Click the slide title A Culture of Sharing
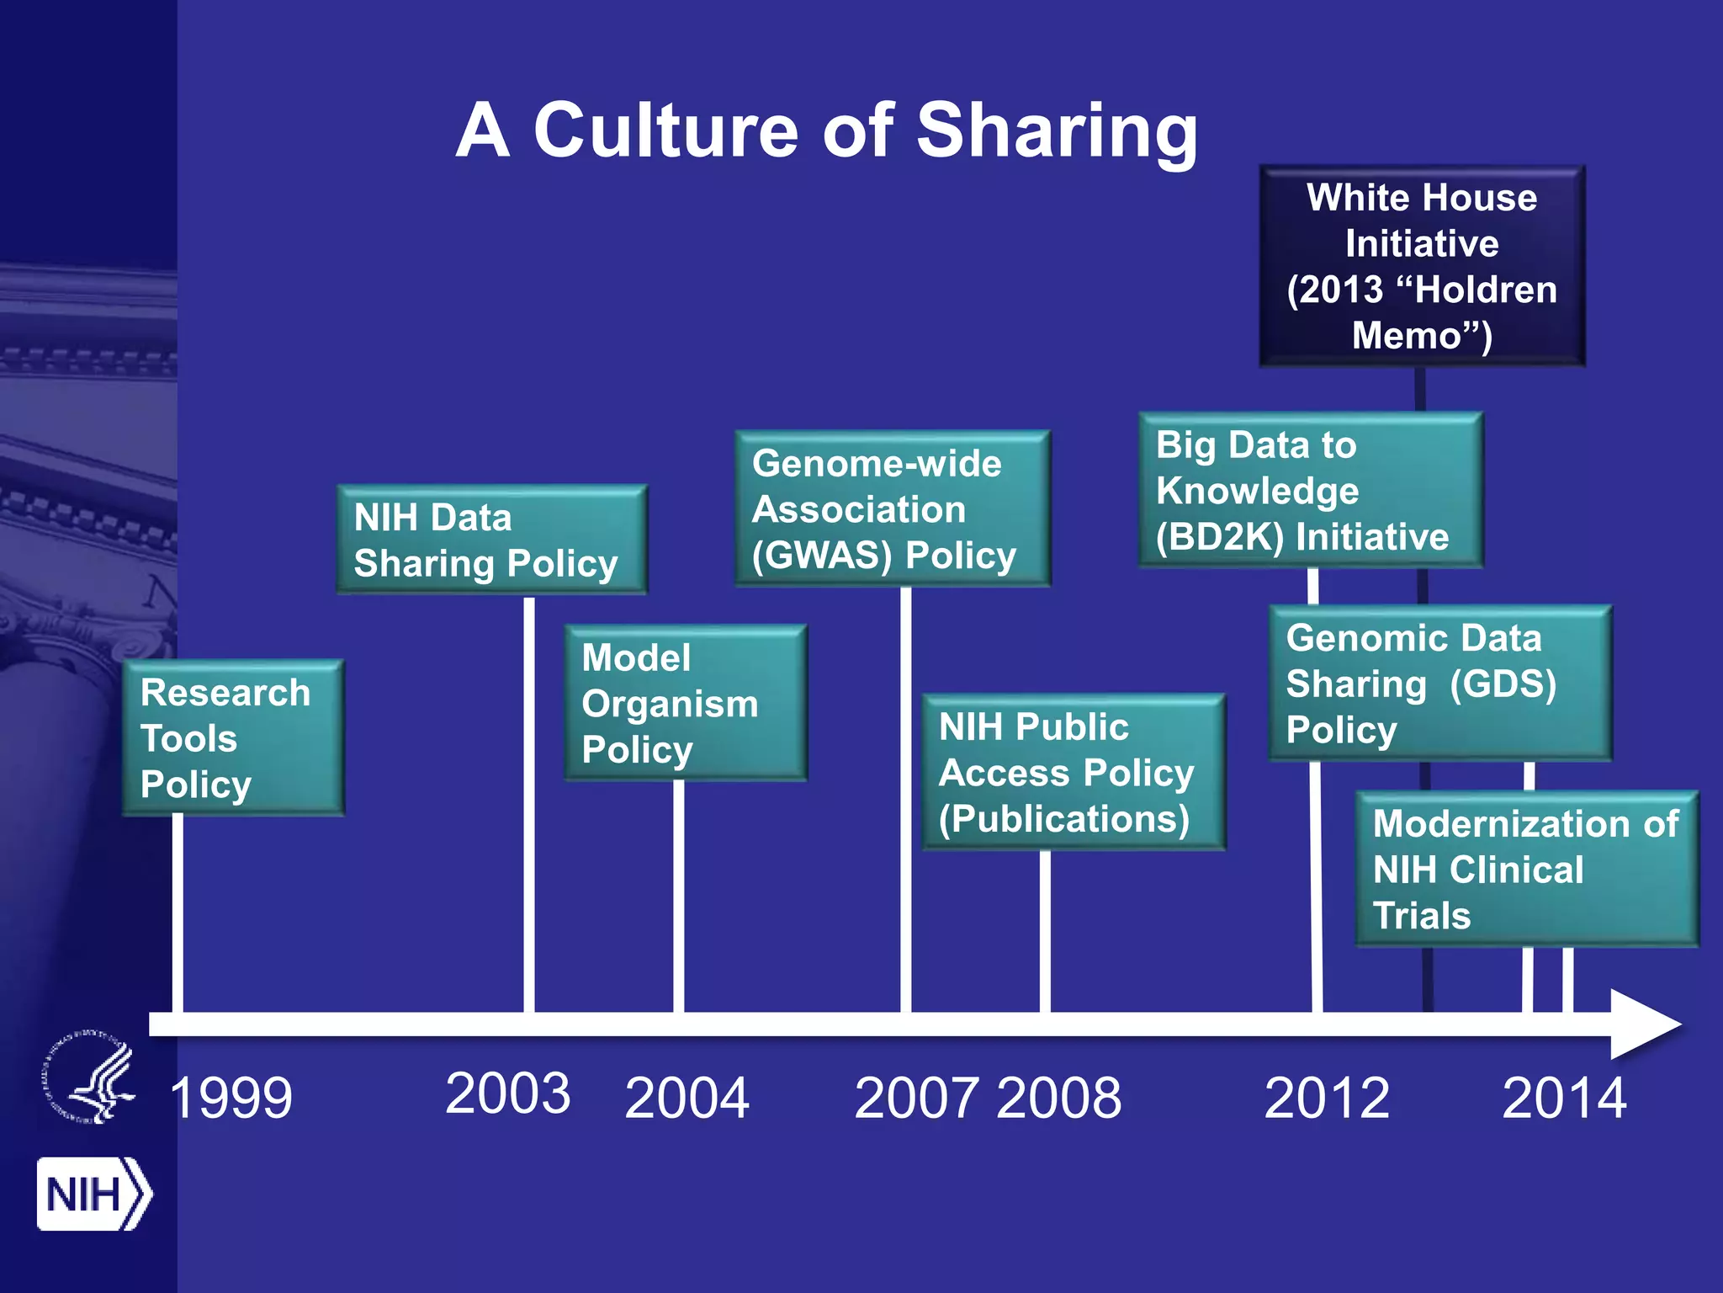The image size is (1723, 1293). click(x=826, y=130)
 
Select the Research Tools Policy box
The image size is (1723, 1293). click(x=233, y=737)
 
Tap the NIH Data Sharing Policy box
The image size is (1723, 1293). click(x=491, y=540)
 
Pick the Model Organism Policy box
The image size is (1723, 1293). click(x=685, y=703)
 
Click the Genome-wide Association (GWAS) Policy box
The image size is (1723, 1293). click(x=892, y=508)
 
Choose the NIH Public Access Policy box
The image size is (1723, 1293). click(x=1073, y=772)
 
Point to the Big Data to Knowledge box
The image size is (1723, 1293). click(x=1309, y=490)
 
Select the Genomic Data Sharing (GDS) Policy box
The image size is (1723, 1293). click(x=1439, y=683)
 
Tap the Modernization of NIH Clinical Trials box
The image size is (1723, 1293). click(x=1526, y=869)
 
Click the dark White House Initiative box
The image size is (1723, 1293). click(x=1422, y=266)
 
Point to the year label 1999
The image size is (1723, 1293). click(x=231, y=1098)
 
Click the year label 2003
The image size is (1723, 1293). click(x=508, y=1093)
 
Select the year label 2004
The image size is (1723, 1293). click(x=687, y=1098)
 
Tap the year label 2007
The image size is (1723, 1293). click(x=917, y=1098)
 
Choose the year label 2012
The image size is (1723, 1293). click(x=1327, y=1098)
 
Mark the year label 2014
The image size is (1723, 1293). click(x=1564, y=1098)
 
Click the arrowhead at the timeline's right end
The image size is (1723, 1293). click(x=1642, y=1024)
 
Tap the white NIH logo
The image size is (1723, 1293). click(x=93, y=1194)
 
